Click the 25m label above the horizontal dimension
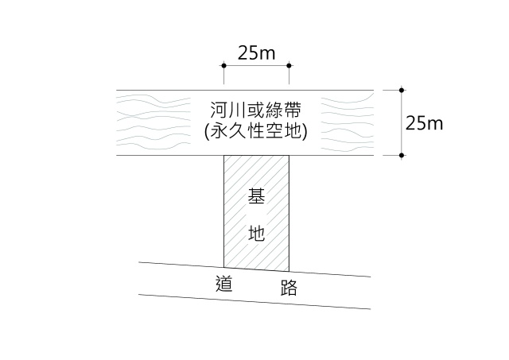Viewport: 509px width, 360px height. click(256, 53)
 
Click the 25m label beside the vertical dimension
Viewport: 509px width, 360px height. click(424, 123)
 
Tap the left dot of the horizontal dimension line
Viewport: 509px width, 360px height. click(223, 65)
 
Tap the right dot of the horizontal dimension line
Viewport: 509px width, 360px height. click(289, 65)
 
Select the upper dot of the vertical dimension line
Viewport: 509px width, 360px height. click(402, 90)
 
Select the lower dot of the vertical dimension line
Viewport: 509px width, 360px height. click(402, 155)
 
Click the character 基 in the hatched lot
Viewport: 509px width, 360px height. click(256, 195)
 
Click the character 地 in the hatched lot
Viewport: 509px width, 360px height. click(256, 233)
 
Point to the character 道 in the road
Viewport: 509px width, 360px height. click(224, 284)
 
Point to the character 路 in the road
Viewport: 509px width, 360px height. click(289, 288)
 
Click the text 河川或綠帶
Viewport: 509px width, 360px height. click(256, 110)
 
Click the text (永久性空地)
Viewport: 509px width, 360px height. click(256, 131)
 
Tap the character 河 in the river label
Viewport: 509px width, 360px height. click(220, 110)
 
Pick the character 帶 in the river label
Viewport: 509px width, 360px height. click(293, 110)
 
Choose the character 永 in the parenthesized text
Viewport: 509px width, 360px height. click(220, 131)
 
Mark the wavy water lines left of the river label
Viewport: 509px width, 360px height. click(153, 122)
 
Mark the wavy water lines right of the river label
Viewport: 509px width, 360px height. click(348, 122)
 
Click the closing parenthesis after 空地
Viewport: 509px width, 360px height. click(304, 132)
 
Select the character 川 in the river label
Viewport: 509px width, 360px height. click(238, 110)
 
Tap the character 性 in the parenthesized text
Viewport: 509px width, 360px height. click(256, 131)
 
